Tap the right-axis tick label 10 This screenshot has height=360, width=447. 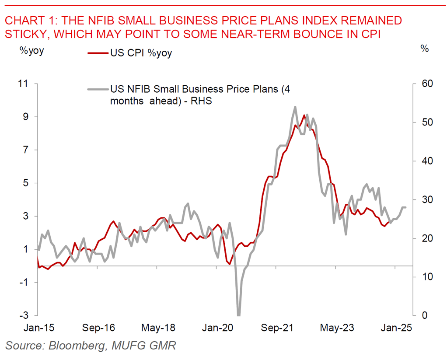pyautogui.click(x=422, y=277)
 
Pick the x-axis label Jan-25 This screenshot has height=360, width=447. pyautogui.click(x=395, y=328)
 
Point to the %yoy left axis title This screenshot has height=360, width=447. pyautogui.click(x=31, y=49)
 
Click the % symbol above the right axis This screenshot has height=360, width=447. pyautogui.click(x=424, y=49)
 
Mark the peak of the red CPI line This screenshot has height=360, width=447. pyautogui.click(x=304, y=115)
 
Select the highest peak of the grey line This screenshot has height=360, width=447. pyautogui.click(x=295, y=107)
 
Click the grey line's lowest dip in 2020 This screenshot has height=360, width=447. pyautogui.click(x=238, y=315)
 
